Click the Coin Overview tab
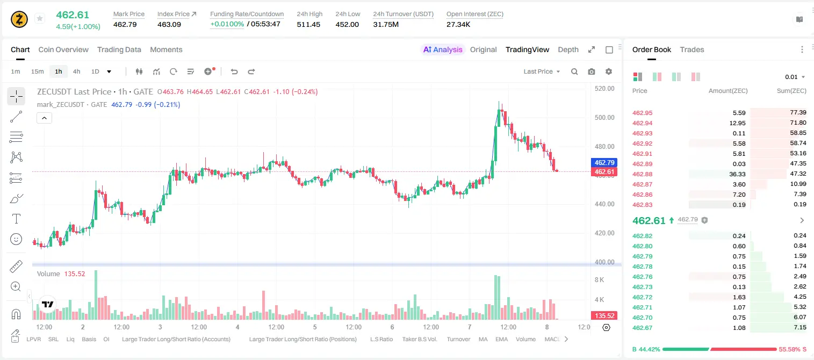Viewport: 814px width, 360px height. click(63, 49)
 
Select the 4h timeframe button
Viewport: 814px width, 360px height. click(76, 71)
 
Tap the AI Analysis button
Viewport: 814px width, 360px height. click(443, 49)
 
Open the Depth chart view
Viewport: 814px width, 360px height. click(568, 49)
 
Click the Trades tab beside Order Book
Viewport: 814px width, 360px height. click(692, 49)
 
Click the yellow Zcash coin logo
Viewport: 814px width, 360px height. click(19, 19)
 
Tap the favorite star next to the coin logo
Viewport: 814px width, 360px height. click(40, 18)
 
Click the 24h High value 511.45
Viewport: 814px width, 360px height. click(308, 24)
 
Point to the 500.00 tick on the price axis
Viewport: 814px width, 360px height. click(604, 117)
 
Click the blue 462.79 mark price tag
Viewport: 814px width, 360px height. click(604, 162)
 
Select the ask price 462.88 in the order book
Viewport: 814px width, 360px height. click(642, 174)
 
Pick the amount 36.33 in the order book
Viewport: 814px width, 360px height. click(737, 174)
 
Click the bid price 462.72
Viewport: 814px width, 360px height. click(642, 297)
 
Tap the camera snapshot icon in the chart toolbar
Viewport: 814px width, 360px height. click(592, 71)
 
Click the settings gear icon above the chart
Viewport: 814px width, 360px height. click(609, 71)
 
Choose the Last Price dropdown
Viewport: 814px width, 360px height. click(542, 71)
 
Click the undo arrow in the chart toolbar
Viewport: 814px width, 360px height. click(234, 71)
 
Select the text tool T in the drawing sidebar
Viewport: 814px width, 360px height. click(16, 219)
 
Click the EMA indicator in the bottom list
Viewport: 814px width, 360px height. click(501, 339)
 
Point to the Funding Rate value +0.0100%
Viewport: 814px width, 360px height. click(227, 24)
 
